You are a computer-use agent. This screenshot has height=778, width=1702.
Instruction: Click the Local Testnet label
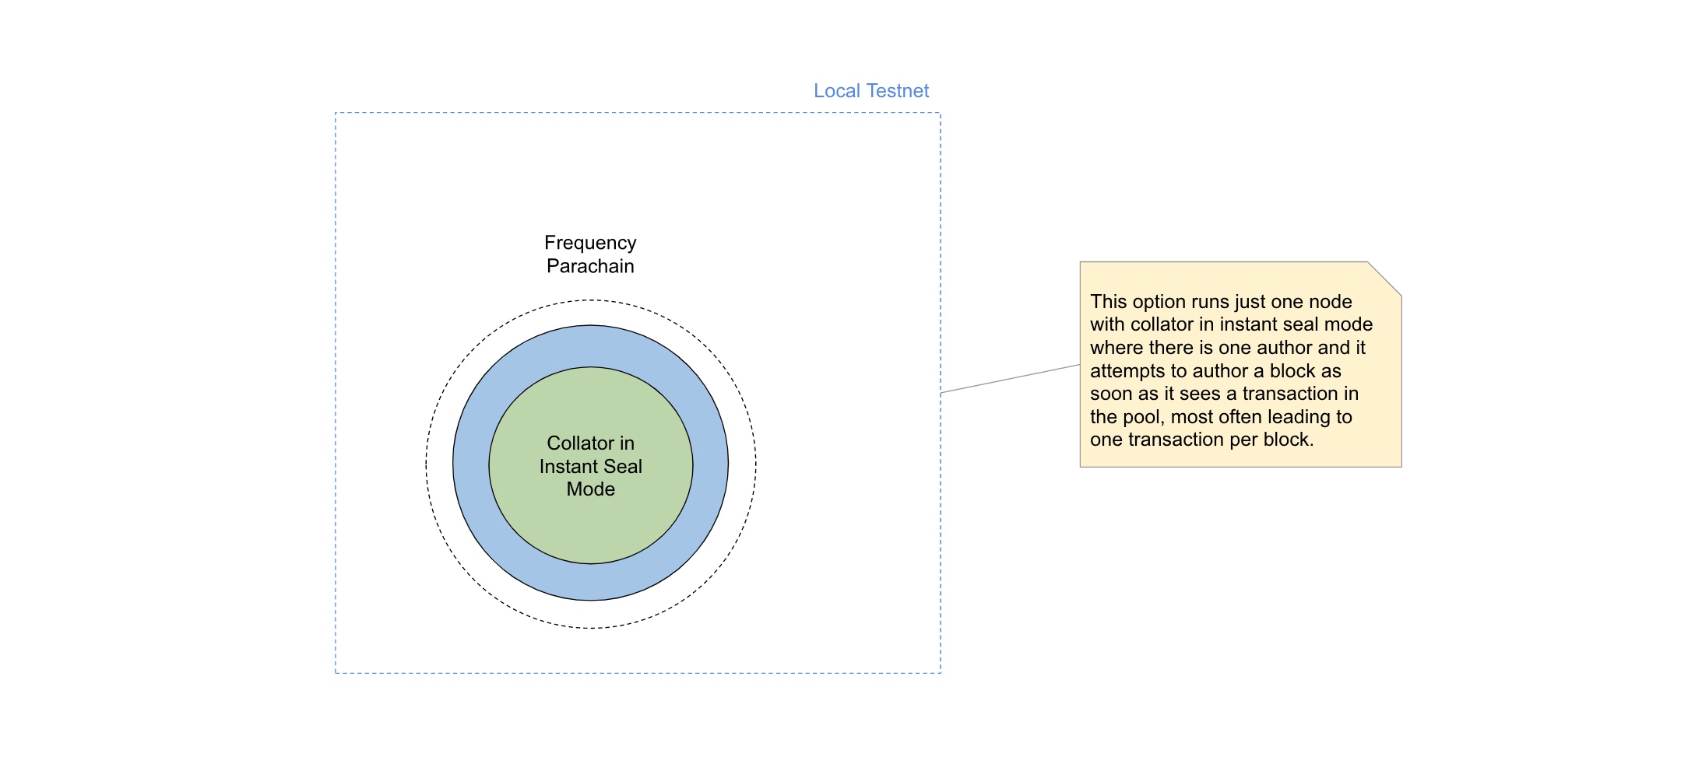tap(870, 91)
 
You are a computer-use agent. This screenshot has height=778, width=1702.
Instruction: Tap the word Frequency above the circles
tap(590, 243)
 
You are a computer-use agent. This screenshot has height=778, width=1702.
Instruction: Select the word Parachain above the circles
tap(590, 266)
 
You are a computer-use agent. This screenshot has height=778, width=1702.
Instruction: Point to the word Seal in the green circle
tap(623, 467)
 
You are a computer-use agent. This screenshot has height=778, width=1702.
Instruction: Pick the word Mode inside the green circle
tap(590, 489)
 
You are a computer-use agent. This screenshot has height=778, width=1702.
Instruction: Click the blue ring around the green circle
tap(471, 464)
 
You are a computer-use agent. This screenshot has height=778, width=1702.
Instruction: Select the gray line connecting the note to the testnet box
tap(1010, 379)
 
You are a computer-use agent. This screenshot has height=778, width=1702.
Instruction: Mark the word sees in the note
tap(1201, 394)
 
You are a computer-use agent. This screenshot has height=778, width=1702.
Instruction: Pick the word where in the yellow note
tap(1115, 349)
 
